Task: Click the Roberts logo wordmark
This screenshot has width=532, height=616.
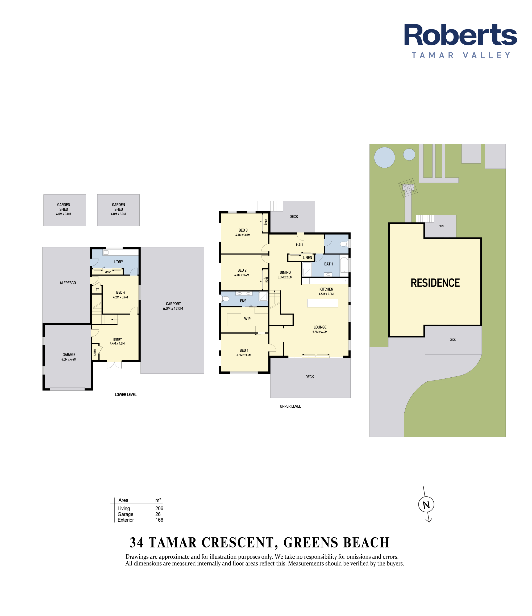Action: [460, 35]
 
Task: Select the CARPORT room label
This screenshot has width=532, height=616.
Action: [173, 304]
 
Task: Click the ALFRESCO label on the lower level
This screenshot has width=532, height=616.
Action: [68, 283]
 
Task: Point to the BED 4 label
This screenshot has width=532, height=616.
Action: [120, 293]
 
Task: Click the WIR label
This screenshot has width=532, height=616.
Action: [247, 319]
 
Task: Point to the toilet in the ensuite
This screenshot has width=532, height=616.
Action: [225, 298]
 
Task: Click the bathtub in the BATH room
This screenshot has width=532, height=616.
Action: [344, 265]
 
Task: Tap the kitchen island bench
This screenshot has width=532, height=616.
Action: [323, 303]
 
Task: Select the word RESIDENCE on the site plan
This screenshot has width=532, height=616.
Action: [435, 283]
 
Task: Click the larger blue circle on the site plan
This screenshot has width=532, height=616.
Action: [384, 158]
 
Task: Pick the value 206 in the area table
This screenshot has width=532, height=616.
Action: [159, 508]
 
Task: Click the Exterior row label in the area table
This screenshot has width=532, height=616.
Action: [126, 520]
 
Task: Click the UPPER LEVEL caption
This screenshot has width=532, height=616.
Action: [290, 406]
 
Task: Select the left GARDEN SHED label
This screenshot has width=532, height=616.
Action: [64, 207]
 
